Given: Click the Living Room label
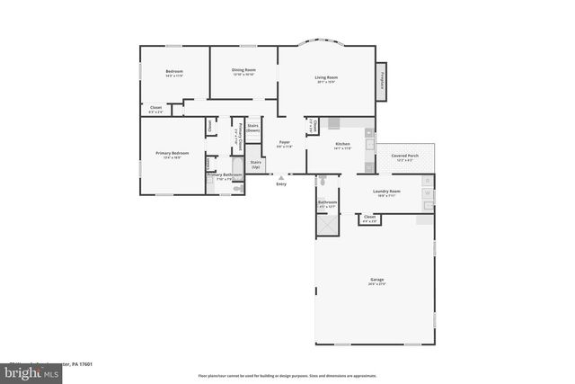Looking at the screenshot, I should [x=325, y=78].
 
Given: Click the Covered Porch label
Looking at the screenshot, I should [x=404, y=156].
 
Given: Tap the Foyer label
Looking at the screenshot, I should [x=284, y=142].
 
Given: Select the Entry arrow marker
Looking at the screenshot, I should [x=281, y=177].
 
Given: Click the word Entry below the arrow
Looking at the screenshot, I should [x=281, y=183].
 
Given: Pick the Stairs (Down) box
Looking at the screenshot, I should [x=253, y=128].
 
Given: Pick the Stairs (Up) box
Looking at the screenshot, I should [x=255, y=165].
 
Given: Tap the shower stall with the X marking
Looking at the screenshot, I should [x=327, y=222].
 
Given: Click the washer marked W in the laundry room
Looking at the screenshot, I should [x=428, y=192].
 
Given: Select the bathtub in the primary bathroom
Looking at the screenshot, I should [x=238, y=186].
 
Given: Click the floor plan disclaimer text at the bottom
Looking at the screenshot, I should [x=287, y=376].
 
